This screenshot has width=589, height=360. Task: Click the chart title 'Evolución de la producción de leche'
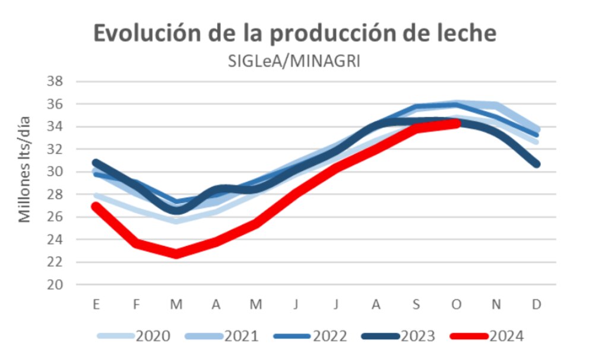[x=294, y=34]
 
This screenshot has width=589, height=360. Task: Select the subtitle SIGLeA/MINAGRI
[x=294, y=62]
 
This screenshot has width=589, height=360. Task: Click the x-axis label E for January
[x=96, y=304]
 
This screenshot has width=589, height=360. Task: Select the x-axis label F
[x=136, y=304]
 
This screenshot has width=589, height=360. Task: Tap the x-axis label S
[x=416, y=304]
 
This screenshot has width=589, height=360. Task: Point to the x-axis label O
[x=456, y=304]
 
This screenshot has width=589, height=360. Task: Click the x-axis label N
[x=496, y=304]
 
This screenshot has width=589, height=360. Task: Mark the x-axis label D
[x=536, y=304]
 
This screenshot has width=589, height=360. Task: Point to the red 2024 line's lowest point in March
[x=176, y=254]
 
